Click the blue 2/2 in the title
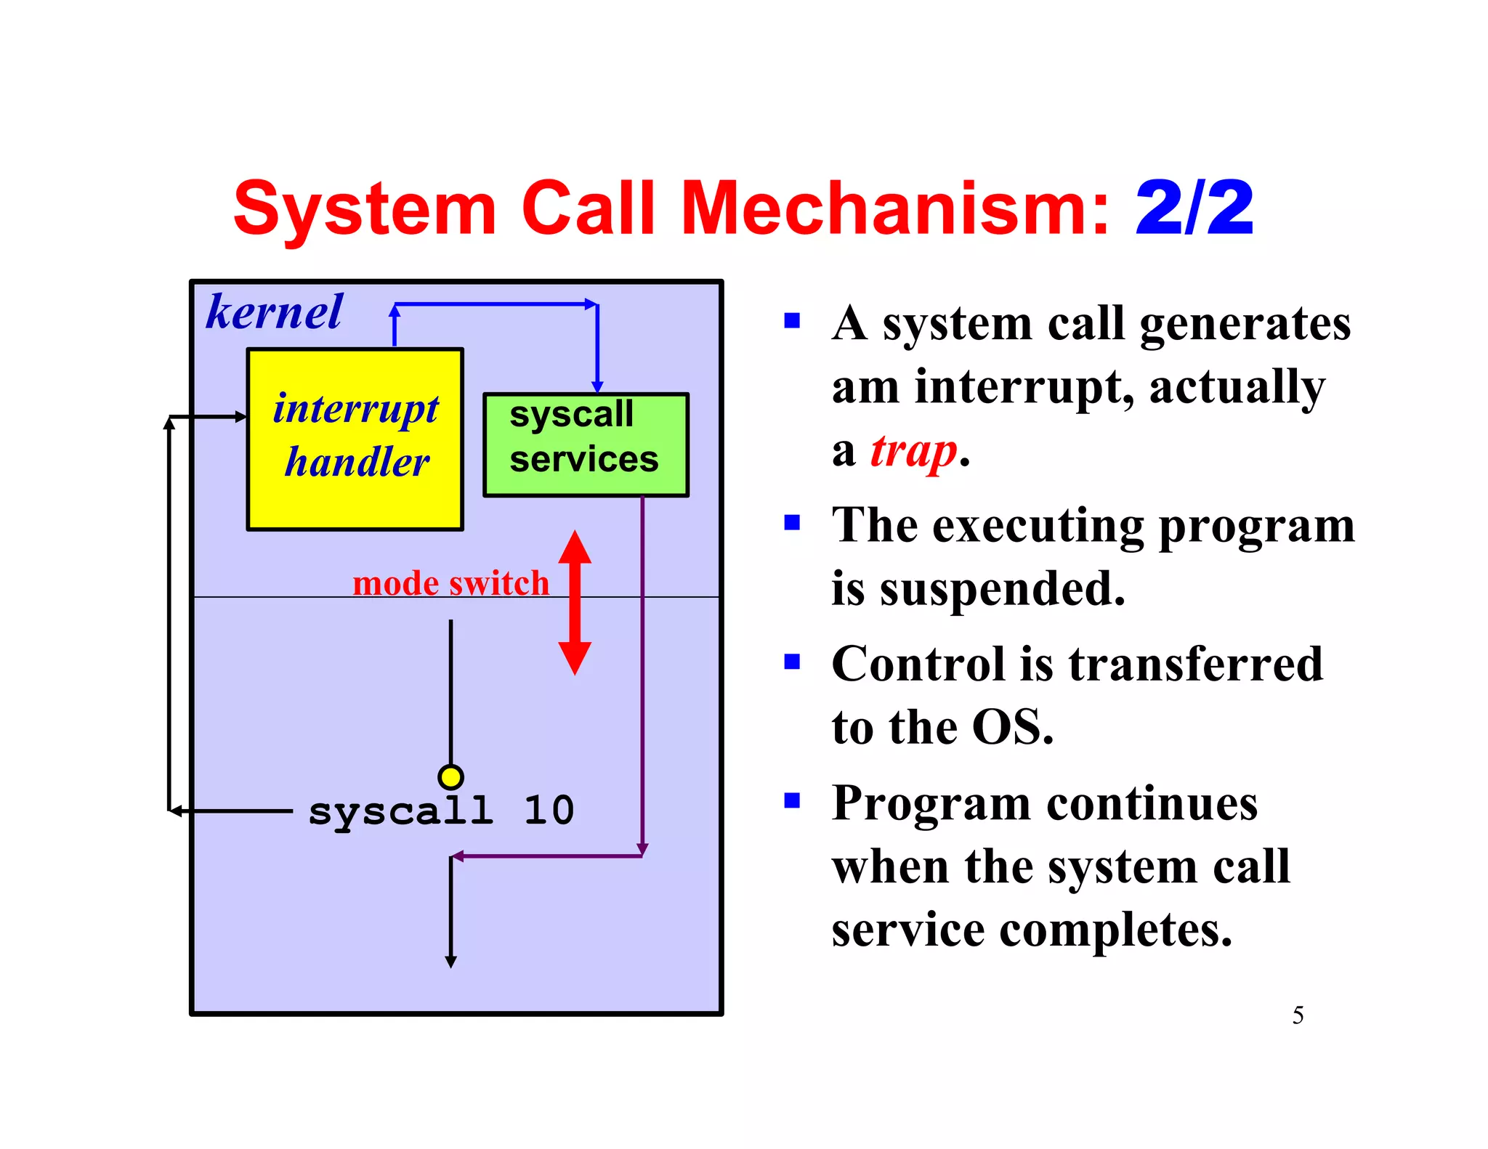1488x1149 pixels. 1194,209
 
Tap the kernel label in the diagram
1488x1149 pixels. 274,312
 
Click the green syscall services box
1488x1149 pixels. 586,444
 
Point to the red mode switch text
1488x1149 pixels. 450,583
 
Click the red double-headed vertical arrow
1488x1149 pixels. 575,603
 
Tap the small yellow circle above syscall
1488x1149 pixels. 450,777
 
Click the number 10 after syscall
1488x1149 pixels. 549,811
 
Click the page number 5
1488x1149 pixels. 1298,1015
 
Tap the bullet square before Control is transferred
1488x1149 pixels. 792,661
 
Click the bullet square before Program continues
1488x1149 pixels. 792,800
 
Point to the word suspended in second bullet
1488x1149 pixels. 1003,588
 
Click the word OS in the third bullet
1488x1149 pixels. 1011,726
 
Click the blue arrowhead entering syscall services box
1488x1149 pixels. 597,387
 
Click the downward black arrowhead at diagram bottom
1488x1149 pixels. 450,962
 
